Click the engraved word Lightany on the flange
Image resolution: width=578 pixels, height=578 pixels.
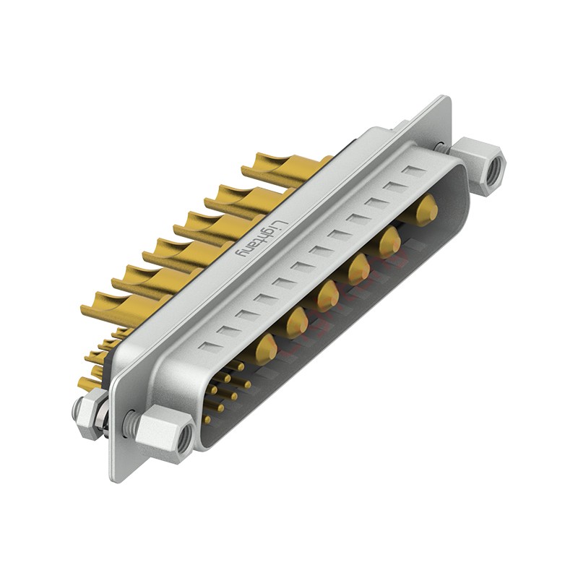coord(261,238)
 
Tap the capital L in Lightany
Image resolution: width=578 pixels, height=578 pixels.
coord(280,225)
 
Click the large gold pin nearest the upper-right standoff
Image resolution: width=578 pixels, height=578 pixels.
coord(427,210)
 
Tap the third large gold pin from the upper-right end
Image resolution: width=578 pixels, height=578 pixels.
coord(358,269)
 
